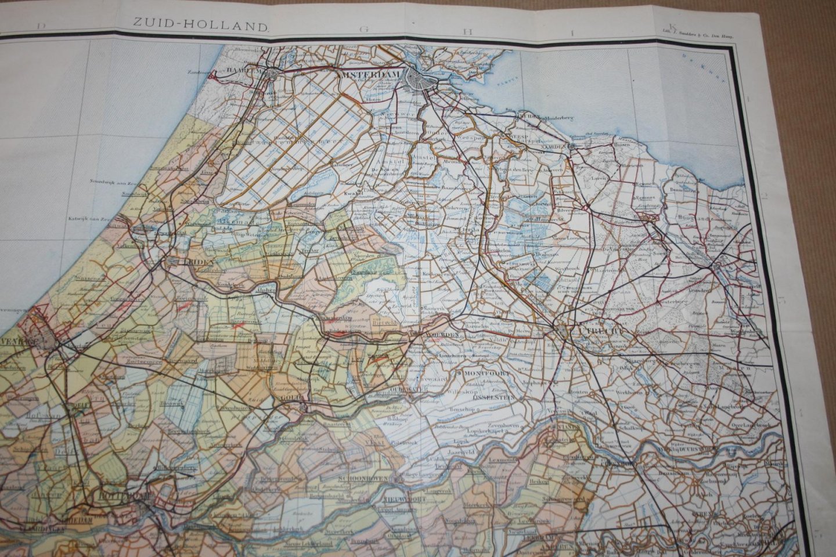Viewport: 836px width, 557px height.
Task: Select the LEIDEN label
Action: click(183, 262)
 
